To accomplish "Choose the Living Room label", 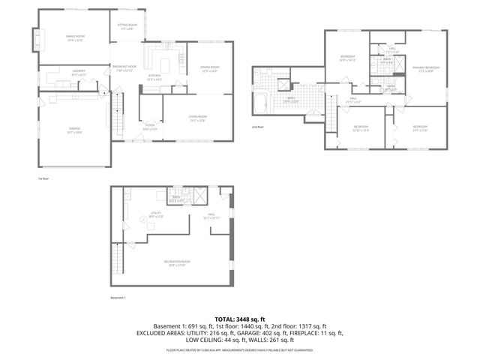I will (197, 118).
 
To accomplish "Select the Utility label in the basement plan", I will (156, 214).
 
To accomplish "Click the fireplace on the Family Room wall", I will (36, 37).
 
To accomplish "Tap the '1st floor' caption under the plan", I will (43, 178).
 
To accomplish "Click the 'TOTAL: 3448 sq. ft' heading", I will (239, 319).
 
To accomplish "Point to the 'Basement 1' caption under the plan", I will (116, 299).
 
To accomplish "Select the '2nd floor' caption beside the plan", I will (257, 127).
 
